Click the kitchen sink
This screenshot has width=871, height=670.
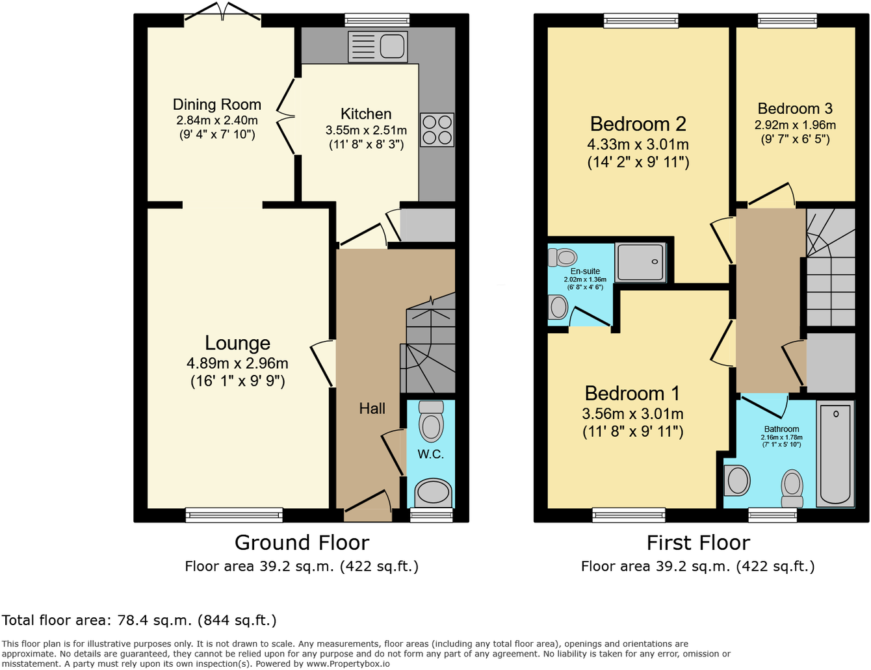(x=378, y=47)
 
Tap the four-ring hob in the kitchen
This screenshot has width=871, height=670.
(x=437, y=130)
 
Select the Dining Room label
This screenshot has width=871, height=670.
(x=216, y=105)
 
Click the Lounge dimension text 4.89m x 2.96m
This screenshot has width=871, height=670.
(x=237, y=363)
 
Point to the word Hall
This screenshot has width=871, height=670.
(x=372, y=409)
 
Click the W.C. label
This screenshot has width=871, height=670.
(x=430, y=454)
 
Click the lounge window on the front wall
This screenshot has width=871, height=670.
(x=234, y=515)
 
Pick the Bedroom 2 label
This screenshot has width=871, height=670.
(x=638, y=124)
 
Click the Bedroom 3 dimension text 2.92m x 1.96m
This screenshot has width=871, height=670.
(x=795, y=125)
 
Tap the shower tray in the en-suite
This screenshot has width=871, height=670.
(x=641, y=263)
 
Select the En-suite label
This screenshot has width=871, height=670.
(x=585, y=271)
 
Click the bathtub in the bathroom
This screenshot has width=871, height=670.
(x=836, y=455)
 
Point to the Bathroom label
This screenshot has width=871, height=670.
(x=781, y=429)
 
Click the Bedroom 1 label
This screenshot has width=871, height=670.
(x=632, y=393)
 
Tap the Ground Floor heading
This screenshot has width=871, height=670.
(x=302, y=543)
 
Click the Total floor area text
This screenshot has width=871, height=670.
(x=139, y=621)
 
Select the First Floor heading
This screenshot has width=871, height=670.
(x=698, y=543)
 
